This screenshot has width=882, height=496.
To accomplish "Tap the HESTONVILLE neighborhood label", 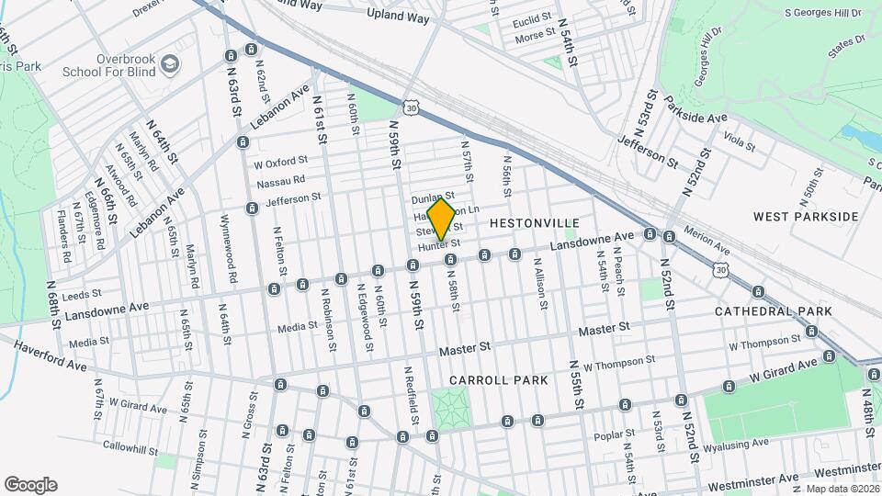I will [x=535, y=223].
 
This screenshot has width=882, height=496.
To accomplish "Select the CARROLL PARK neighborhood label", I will [x=499, y=379].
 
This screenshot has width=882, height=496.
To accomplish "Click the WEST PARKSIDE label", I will [x=806, y=217].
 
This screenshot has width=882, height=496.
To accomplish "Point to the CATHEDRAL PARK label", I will [x=774, y=311].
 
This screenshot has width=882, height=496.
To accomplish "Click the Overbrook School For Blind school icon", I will [x=169, y=63].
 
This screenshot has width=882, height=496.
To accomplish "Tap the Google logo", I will [x=30, y=485].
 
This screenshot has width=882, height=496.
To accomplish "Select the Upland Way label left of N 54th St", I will [x=398, y=14].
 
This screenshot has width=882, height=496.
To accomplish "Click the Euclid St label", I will [x=532, y=17].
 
